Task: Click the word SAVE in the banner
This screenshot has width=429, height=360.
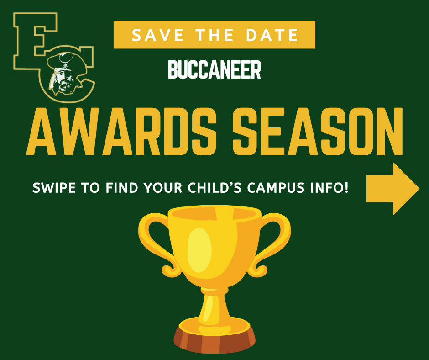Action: (x=153, y=35)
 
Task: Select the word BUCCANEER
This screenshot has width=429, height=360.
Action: (x=214, y=70)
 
